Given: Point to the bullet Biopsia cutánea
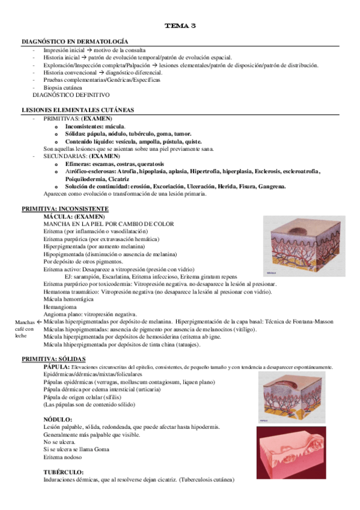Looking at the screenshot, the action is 63,87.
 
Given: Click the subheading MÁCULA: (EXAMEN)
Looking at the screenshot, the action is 75,216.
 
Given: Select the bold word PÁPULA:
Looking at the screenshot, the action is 56,366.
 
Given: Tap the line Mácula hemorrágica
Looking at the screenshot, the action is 68,299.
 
